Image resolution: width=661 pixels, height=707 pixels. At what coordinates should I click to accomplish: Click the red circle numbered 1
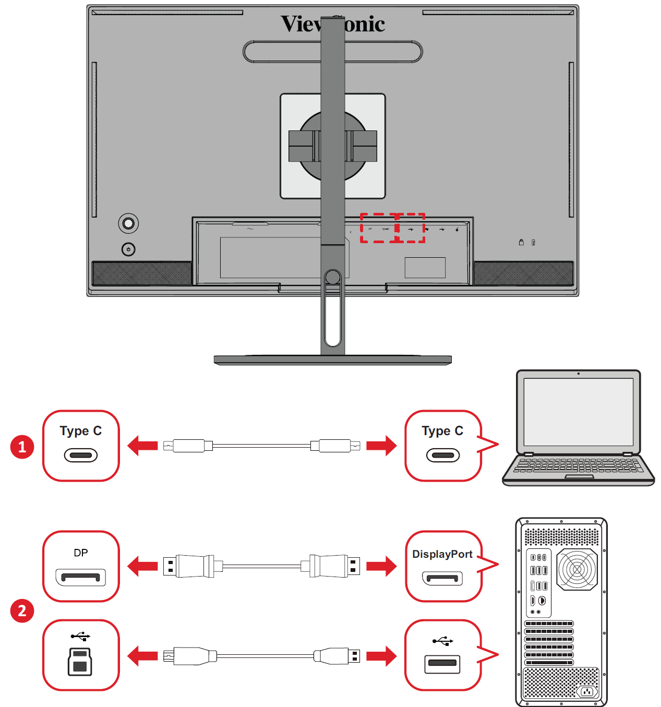[22, 447]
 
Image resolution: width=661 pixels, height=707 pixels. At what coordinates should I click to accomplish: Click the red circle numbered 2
[22, 610]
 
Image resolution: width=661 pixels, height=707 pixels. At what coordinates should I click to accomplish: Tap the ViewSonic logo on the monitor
[332, 24]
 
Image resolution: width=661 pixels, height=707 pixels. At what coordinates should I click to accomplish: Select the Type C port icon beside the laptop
[442, 456]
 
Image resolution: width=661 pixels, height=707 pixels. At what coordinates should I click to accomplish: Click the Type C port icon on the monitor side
[81, 456]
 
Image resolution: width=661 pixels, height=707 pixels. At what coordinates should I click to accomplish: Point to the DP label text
[81, 553]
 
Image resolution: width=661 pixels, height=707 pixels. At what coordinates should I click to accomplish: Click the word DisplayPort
[442, 554]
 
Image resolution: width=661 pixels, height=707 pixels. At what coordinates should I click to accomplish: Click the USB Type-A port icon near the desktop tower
[442, 664]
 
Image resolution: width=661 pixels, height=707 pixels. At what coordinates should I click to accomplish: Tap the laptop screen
[578, 411]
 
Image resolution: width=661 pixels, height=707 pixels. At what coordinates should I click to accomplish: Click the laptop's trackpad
[579, 476]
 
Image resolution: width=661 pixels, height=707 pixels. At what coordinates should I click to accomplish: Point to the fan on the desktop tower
[576, 569]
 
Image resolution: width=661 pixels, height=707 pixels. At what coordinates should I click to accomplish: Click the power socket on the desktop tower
[587, 692]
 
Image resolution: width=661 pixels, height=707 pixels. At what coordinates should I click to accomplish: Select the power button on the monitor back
[128, 249]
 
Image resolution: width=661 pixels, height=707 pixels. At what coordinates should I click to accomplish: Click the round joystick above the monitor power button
[128, 224]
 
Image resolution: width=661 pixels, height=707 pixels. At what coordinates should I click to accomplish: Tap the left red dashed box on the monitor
[379, 228]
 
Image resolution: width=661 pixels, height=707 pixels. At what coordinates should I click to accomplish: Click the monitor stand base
[332, 360]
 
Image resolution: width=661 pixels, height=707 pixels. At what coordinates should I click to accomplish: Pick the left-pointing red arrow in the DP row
[142, 566]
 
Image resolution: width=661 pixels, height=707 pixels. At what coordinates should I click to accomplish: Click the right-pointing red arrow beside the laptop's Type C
[381, 446]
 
